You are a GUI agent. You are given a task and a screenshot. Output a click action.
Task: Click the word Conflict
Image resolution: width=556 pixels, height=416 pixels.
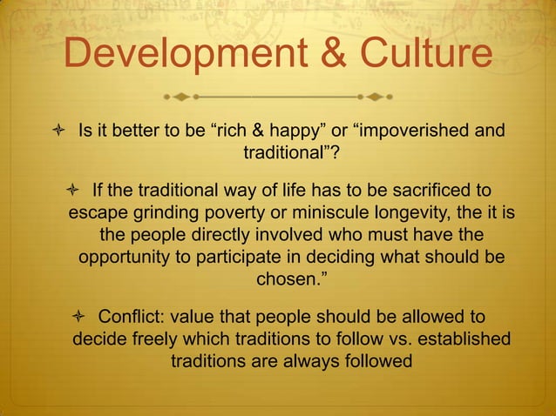pyautogui.click(x=133, y=315)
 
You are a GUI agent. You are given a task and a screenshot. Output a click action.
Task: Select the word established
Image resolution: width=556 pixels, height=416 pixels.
pyautogui.click(x=471, y=338)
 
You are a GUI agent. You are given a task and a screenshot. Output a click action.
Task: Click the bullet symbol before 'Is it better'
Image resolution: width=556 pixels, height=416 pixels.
pyautogui.click(x=54, y=132)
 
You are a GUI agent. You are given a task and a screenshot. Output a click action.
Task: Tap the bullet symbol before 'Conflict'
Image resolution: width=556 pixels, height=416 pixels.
pyautogui.click(x=80, y=315)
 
